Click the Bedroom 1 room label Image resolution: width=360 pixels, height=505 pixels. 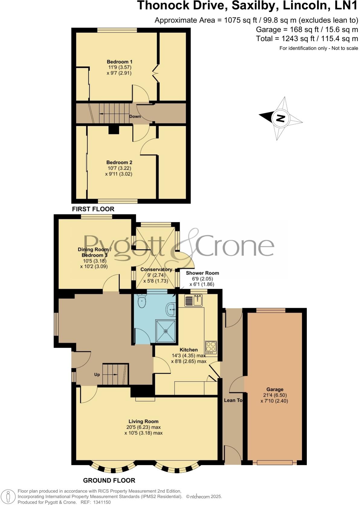click(x=119, y=62)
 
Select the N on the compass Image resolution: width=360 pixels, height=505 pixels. click(x=281, y=118)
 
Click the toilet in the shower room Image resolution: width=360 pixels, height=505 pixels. click(x=141, y=301)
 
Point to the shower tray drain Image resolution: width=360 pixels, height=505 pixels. click(x=166, y=331)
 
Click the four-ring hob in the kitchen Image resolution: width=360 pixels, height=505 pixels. click(x=211, y=347)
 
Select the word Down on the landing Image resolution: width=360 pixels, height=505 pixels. click(x=135, y=116)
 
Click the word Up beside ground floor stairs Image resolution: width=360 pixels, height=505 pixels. click(x=97, y=375)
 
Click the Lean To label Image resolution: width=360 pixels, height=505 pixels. click(x=233, y=400)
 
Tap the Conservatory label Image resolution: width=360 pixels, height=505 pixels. click(x=156, y=269)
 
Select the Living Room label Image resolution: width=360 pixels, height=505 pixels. click(x=143, y=421)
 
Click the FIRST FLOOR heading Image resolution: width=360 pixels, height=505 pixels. click(x=93, y=209)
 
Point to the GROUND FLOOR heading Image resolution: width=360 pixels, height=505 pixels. click(x=109, y=480)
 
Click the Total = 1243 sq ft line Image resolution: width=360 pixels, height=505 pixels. click(x=307, y=39)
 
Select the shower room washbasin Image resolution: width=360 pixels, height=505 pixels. click(x=171, y=310)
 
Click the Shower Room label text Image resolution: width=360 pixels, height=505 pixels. click(x=202, y=273)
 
